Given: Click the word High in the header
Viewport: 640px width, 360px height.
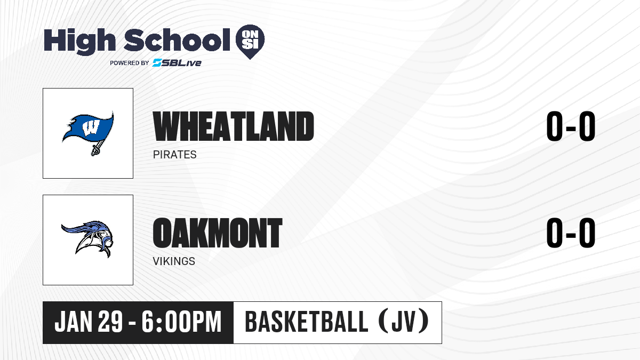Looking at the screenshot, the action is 79,41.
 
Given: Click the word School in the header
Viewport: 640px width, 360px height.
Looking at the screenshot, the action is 177,39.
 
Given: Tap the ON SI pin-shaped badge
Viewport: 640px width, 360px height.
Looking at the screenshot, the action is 250,42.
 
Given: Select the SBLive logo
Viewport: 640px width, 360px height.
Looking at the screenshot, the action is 177,62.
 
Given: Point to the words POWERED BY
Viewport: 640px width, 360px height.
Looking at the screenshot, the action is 130,63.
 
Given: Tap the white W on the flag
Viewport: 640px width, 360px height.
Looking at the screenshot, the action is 91,127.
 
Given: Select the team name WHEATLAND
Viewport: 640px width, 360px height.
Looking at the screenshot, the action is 234,126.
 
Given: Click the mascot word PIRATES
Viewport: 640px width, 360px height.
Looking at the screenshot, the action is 174,155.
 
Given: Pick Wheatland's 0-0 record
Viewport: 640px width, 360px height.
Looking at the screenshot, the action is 571,126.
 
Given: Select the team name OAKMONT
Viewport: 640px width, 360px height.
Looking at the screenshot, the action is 218,233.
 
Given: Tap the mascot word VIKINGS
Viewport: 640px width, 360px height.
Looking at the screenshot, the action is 174,261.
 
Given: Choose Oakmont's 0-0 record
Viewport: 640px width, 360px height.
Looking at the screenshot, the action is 571,233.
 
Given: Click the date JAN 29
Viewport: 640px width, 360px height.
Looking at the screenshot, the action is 89,322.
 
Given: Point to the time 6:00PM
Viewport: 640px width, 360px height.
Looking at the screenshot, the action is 181,322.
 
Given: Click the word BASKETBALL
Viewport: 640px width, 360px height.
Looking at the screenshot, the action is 306,322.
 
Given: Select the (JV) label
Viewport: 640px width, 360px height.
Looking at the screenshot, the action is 404,322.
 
